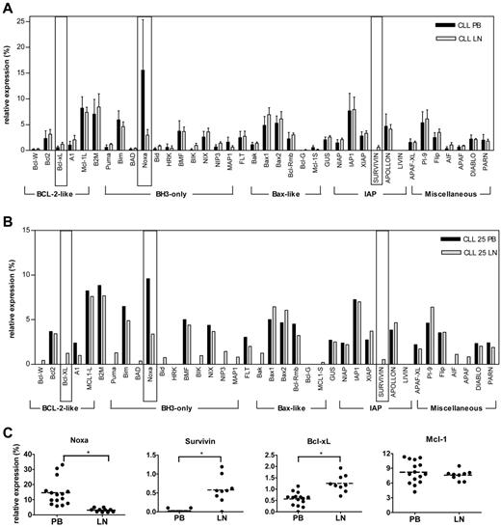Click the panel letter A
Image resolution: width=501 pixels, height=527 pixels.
[x=8, y=7]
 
